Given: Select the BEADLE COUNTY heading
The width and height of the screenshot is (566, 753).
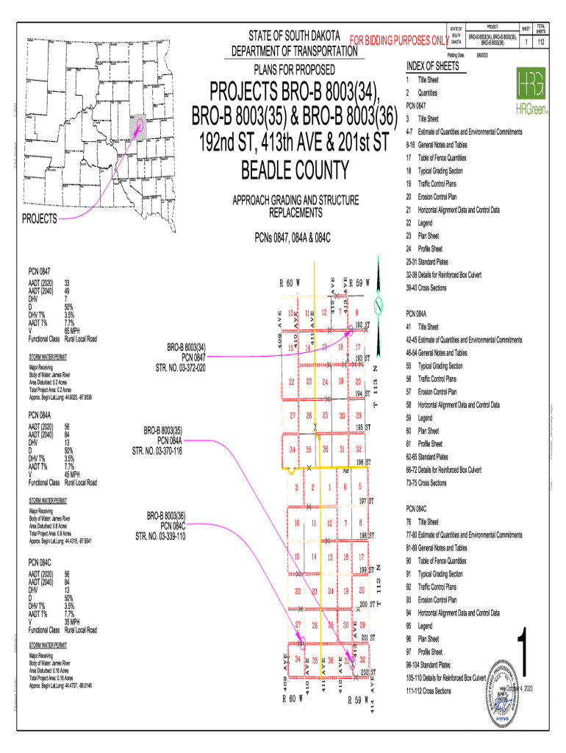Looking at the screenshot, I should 295,170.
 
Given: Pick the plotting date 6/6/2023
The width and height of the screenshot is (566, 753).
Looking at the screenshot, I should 483,55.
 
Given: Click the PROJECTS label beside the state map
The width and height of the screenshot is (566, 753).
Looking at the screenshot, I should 39,219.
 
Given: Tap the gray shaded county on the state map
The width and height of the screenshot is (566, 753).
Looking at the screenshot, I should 138,126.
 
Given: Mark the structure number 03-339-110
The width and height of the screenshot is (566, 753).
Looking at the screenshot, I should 160,536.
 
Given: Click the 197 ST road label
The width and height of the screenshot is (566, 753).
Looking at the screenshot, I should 366,501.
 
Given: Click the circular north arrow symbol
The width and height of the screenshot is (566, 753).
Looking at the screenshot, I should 379,304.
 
